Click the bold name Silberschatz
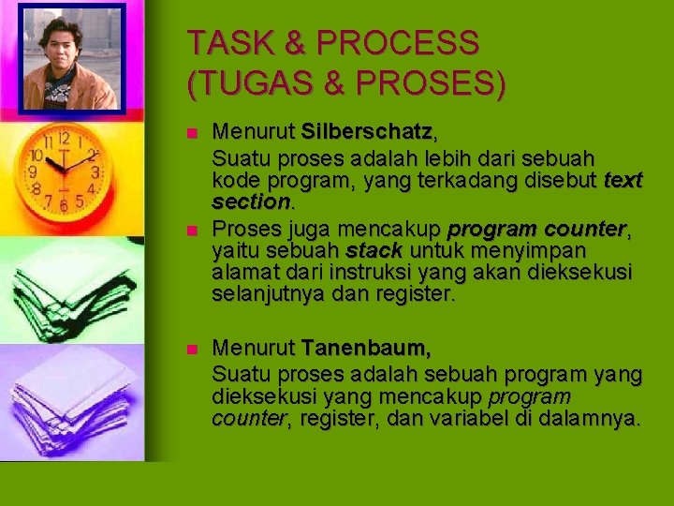pos(366,131)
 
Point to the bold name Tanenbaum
pos(366,350)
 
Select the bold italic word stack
pos(374,251)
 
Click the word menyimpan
pos(539,251)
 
